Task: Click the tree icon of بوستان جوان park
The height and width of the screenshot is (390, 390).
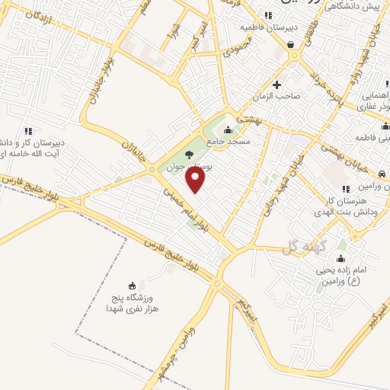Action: pos(189,155)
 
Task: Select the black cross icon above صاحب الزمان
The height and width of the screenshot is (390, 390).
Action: pos(277,84)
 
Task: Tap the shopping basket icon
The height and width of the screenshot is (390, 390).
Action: pos(291,44)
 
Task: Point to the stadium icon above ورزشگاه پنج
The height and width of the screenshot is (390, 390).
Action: pos(134,286)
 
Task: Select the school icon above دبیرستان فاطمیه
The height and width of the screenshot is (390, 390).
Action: pos(267,14)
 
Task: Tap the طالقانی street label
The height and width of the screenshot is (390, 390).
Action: pos(310,33)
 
